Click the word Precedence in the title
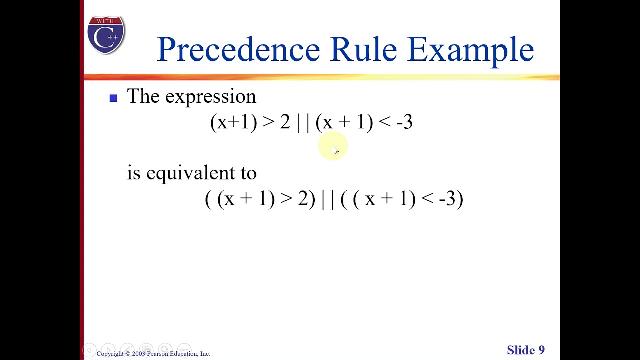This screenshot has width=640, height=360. (x=238, y=49)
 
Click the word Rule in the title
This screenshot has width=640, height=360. (x=363, y=49)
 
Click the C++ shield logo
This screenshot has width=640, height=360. (x=106, y=35)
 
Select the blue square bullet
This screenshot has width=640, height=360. (x=113, y=98)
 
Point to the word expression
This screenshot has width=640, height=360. (x=210, y=97)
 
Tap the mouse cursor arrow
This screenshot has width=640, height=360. (x=335, y=150)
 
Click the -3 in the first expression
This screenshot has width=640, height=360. (x=404, y=122)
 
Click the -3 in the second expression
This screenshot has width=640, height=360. (x=447, y=199)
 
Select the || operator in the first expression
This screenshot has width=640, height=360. (x=303, y=122)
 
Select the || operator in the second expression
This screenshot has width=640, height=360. (x=328, y=199)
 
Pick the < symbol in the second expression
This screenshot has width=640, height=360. (x=427, y=199)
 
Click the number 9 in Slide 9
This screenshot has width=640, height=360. (x=541, y=350)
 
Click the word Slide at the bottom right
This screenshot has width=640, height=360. (x=521, y=350)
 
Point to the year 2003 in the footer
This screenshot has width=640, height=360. (x=138, y=354)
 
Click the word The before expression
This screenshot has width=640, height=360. (x=143, y=96)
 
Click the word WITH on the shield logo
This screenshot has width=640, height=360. (x=106, y=21)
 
